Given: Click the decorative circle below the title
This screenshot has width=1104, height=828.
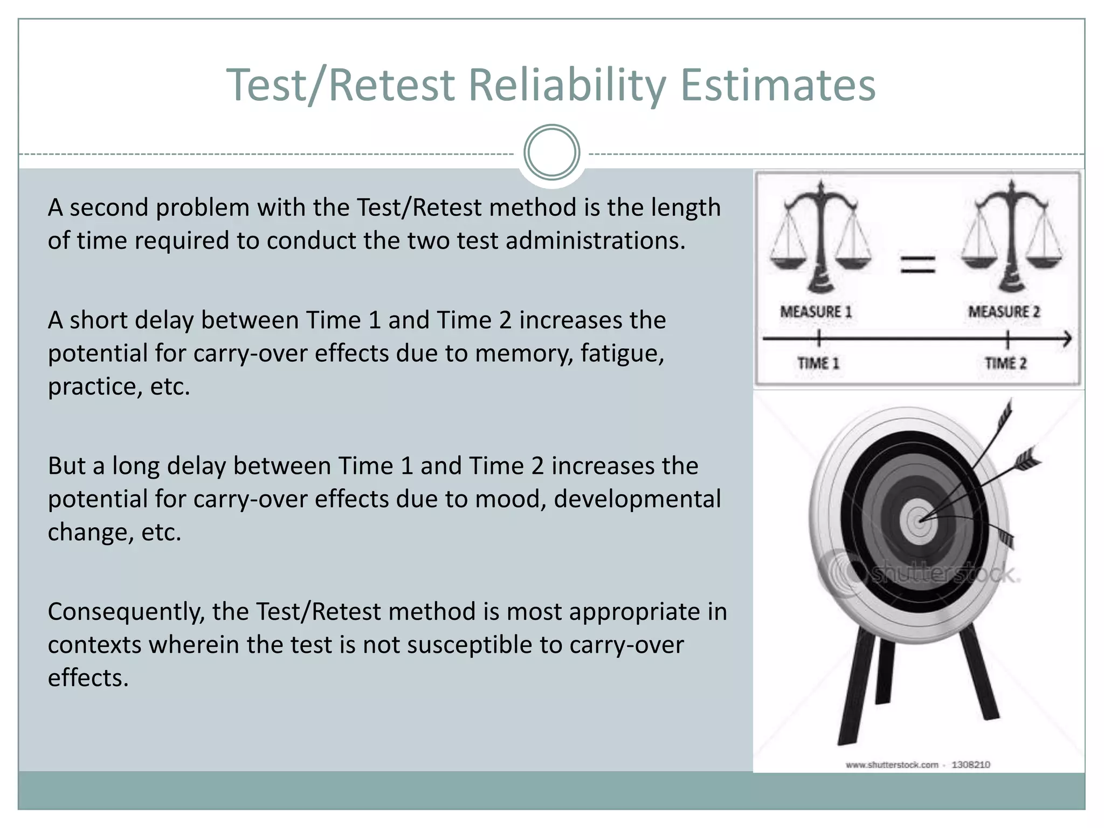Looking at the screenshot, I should [x=551, y=153].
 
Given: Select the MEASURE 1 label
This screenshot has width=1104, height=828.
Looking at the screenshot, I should [x=816, y=312].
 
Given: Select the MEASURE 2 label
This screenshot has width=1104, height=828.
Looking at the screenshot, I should [x=1004, y=312].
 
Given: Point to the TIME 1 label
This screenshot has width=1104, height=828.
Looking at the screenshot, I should [x=818, y=363].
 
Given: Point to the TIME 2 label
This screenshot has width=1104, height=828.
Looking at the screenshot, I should [x=1006, y=363].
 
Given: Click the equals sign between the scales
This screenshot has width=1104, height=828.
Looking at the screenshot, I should [x=918, y=265].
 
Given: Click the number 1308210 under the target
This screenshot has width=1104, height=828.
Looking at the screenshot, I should [x=970, y=764].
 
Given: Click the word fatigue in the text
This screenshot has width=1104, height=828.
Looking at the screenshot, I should [x=622, y=354].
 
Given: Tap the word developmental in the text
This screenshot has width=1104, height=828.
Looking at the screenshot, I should [x=637, y=499].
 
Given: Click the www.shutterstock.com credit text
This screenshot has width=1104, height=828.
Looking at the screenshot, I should [x=892, y=764].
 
